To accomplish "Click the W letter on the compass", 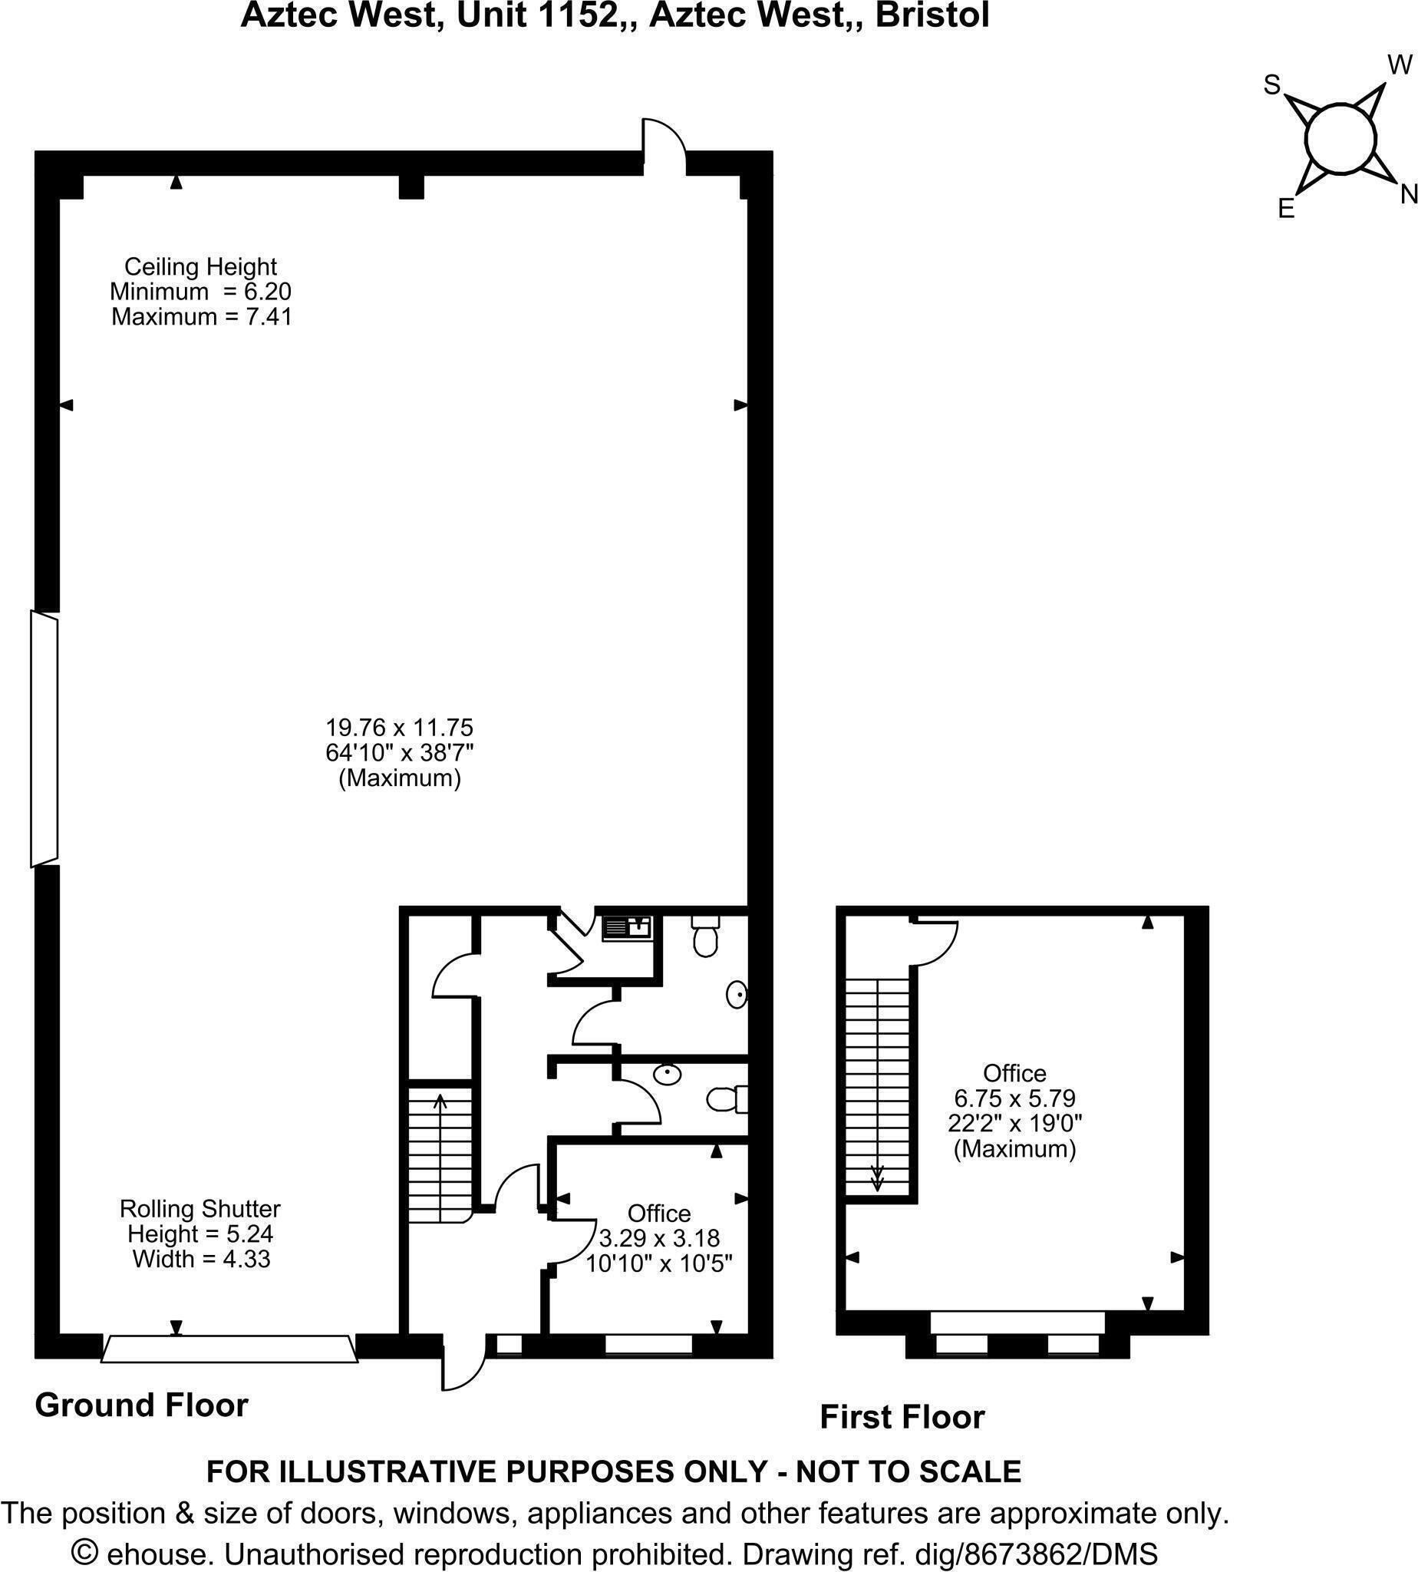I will pos(1400,64).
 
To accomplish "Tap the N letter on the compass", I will pos(1408,194).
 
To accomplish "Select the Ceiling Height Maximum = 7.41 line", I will pos(201,317).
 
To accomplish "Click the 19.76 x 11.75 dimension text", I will pos(399,728).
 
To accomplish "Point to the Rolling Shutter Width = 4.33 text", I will pos(201,1259).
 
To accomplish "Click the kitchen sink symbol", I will pos(627,927).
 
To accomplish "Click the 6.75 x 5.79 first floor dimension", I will pos(1014,1098).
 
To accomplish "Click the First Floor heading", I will pos(902,1417).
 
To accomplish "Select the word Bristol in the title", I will pos(932,15).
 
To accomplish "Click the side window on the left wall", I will pos(44,738).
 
